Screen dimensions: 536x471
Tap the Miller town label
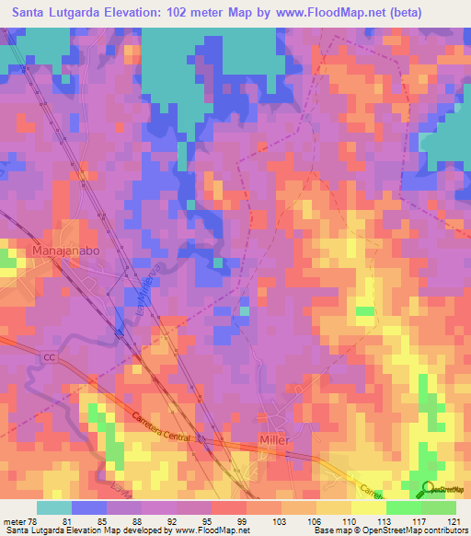coord(274,440)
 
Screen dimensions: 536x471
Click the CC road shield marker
coord(49,355)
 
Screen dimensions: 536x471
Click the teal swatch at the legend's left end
coord(54,507)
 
